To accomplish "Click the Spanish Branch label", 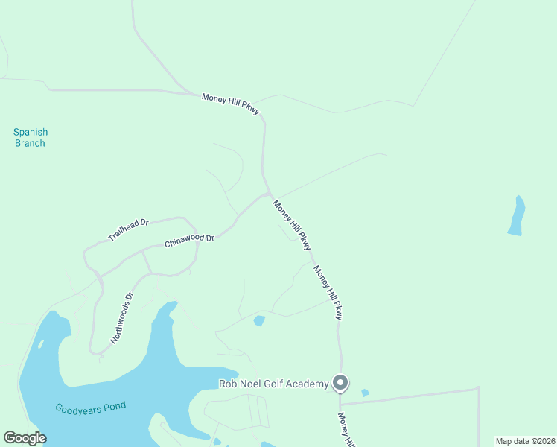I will pos(30,138).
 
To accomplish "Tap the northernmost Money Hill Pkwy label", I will pos(231,104).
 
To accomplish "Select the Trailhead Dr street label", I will pos(128,229).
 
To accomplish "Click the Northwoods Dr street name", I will pos(121,317).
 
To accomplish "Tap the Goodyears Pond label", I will pos(90,407).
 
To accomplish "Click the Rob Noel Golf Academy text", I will pos(273,384).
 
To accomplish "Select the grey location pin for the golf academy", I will pos(340,383).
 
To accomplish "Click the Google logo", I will pos(25,438).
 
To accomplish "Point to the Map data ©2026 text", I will pos(525,441).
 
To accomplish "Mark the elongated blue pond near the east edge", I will pos(516,216).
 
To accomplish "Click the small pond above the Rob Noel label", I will pos(259,321).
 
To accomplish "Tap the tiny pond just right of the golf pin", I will pos(364,393).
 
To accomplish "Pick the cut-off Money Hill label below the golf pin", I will pos(347,430).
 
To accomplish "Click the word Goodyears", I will pos(77,408).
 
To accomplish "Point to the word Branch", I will pos(30,143).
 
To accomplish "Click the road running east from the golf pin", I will pos(410,396).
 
